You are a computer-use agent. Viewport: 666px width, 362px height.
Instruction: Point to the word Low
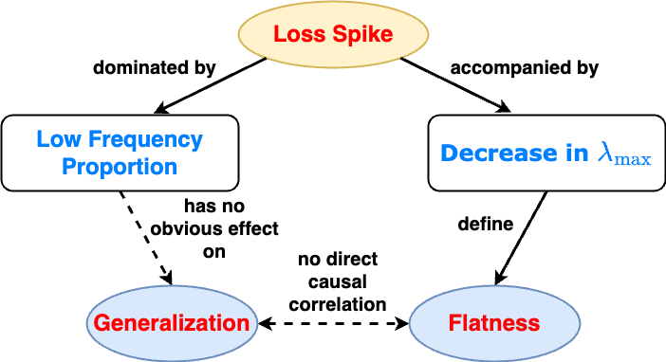56,140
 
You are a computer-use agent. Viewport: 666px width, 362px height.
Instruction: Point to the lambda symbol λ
606,154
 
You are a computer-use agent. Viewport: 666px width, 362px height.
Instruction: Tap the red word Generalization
172,323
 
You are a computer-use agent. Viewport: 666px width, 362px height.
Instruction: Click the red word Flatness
494,323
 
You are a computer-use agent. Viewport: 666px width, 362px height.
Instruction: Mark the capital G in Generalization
102,323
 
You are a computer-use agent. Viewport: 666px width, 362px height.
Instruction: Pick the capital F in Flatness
455,323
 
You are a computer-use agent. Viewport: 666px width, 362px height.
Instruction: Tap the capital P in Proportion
68,168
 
